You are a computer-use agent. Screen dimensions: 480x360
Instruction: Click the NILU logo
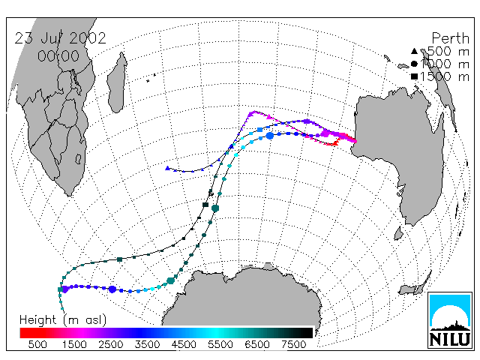450,320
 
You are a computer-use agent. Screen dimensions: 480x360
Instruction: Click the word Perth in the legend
450,38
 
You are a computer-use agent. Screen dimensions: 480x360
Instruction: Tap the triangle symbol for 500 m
414,51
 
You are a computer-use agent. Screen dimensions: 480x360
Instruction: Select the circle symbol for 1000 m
414,64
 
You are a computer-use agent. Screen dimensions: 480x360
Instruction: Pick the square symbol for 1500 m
414,76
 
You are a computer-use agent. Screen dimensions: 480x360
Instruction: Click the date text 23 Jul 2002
60,38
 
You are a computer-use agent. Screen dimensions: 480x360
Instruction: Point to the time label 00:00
58,56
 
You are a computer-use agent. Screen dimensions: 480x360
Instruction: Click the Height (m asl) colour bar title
63,320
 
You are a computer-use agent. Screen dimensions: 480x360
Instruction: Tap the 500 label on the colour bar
37,344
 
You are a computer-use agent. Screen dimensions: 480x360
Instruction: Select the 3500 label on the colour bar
147,344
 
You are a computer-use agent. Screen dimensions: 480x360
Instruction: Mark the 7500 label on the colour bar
293,344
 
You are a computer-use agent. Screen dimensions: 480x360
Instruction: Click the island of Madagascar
117,82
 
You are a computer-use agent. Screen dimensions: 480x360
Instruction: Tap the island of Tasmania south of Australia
398,233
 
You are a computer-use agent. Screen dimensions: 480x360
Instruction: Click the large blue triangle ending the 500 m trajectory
167,168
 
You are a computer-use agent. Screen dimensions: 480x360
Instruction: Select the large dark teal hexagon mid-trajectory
215,208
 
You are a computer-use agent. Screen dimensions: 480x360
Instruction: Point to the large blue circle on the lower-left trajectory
112,289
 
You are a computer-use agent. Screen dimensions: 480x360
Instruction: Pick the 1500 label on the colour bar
74,344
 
